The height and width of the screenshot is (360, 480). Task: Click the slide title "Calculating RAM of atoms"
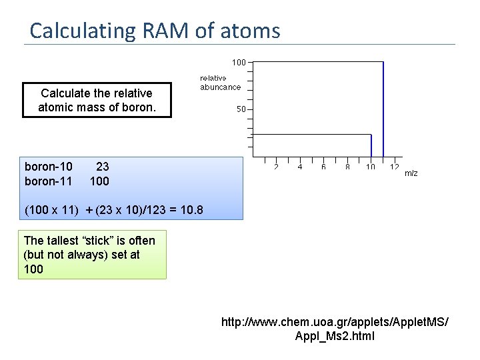[155, 31]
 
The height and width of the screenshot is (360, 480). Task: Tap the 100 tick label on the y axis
[239, 62]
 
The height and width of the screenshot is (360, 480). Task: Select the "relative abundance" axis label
[220, 83]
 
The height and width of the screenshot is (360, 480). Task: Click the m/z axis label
[411, 173]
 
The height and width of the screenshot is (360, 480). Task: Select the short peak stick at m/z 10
[371, 146]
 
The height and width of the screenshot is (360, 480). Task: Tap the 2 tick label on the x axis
[276, 167]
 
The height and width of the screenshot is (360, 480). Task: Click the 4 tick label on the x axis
[300, 167]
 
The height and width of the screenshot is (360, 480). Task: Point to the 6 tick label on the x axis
[323, 167]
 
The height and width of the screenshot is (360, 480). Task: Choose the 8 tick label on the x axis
[347, 167]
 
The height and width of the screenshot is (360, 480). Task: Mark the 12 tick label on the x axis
[395, 167]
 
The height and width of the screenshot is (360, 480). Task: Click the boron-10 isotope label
[49, 167]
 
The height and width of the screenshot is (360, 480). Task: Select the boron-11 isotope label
[49, 181]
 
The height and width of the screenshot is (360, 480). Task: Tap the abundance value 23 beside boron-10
[102, 167]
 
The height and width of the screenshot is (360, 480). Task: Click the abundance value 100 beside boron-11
[99, 181]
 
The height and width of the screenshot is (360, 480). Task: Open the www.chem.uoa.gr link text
[335, 323]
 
